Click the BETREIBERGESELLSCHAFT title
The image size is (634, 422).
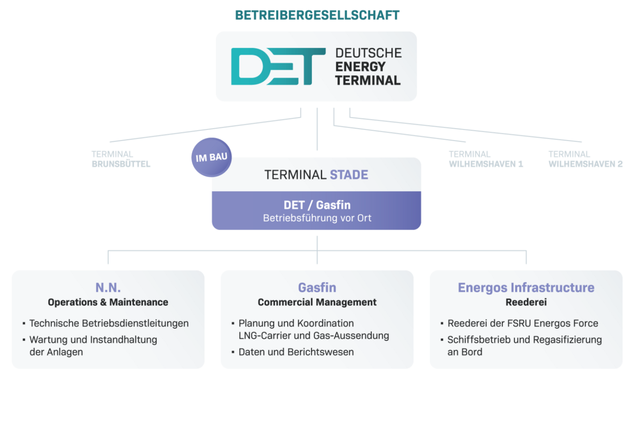pyautogui.click(x=317, y=15)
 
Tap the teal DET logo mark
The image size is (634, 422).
pyautogui.click(x=278, y=66)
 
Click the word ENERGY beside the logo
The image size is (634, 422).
pyautogui.click(x=360, y=67)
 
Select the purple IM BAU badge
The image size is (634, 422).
pyautogui.click(x=211, y=157)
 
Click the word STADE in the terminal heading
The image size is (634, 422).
pyautogui.click(x=349, y=175)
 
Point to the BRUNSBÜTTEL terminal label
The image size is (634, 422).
pyautogui.click(x=121, y=159)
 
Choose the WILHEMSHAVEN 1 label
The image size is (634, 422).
pyautogui.click(x=486, y=159)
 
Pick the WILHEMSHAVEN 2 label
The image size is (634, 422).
pyautogui.click(x=585, y=159)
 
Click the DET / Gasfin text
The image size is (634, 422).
pyautogui.click(x=317, y=205)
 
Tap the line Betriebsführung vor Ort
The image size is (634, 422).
pyautogui.click(x=317, y=218)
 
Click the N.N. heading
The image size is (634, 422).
pyautogui.click(x=108, y=288)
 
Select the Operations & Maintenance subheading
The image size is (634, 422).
pyautogui.click(x=108, y=302)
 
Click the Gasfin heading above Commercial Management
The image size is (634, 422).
pyautogui.click(x=317, y=288)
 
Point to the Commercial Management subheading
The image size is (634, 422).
pyautogui.click(x=317, y=302)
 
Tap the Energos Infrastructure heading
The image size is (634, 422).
pyautogui.click(x=526, y=288)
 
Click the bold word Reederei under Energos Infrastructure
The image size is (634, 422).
pyautogui.click(x=526, y=302)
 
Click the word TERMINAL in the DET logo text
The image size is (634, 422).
pyautogui.click(x=368, y=81)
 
